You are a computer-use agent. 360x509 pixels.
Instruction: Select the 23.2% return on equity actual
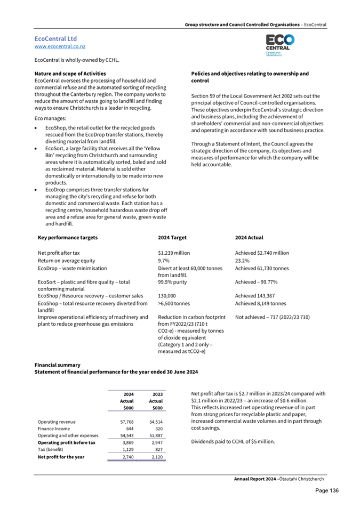(x=243, y=261)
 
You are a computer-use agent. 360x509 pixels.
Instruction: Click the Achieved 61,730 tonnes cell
(x=262, y=268)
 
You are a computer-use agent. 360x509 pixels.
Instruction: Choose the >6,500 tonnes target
(x=174, y=303)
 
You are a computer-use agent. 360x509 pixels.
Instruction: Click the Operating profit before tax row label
(x=67, y=442)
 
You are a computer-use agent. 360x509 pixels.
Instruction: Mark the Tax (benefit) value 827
(x=158, y=449)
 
